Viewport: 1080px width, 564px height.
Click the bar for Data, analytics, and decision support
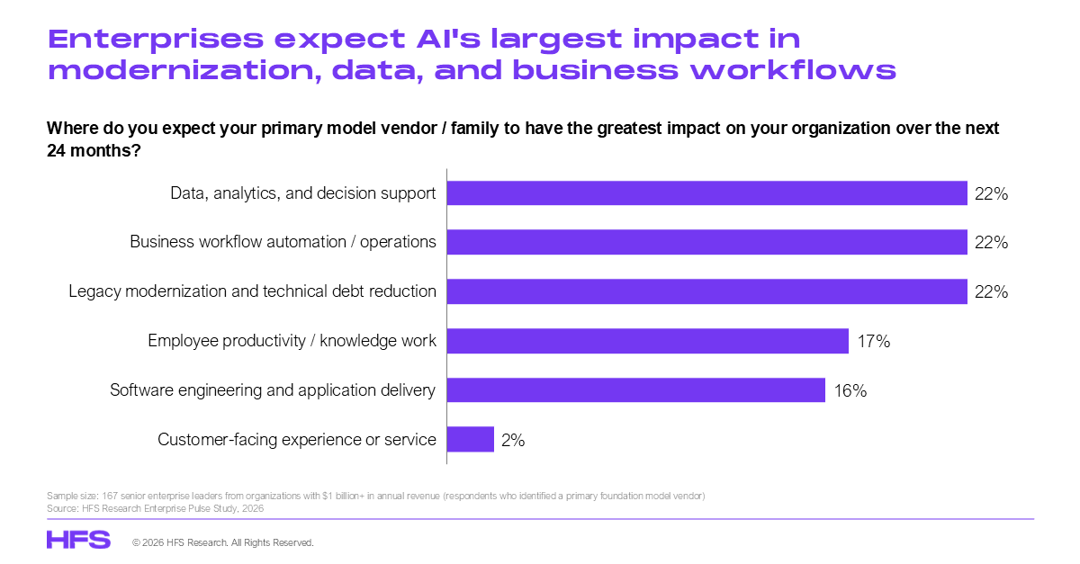click(x=706, y=192)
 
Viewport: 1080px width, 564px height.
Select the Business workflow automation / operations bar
click(x=706, y=242)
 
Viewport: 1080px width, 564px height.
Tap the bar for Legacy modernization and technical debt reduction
click(x=706, y=291)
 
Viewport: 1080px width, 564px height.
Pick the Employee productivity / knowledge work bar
click(x=647, y=341)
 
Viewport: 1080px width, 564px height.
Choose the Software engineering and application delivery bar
click(x=636, y=390)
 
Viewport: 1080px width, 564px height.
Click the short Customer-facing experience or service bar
click(x=471, y=439)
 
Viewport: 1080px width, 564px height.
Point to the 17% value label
click(x=874, y=341)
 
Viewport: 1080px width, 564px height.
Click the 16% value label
click(x=850, y=390)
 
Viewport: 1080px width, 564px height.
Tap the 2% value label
click(x=513, y=440)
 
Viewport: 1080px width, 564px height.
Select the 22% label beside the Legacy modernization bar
click(x=991, y=291)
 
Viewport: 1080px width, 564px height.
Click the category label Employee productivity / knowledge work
click(x=292, y=341)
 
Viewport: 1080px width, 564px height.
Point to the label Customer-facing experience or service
click(x=296, y=439)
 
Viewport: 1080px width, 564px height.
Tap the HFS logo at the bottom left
click(x=78, y=540)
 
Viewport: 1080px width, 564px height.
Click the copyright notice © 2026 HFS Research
click(x=223, y=542)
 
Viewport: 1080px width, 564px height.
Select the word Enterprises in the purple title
click(x=156, y=40)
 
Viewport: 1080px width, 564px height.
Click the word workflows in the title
click(x=793, y=70)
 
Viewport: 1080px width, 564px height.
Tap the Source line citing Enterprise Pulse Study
click(x=155, y=508)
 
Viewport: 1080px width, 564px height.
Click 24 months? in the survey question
click(x=94, y=151)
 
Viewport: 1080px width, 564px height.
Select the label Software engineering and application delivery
click(x=273, y=390)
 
